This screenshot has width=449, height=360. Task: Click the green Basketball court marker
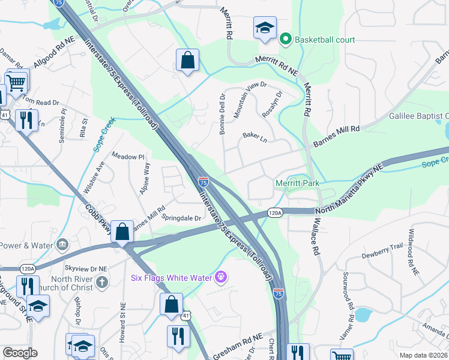286,40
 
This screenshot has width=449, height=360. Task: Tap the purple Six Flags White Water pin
221,277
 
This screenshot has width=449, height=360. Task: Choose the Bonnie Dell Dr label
222,113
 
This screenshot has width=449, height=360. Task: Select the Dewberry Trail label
382,247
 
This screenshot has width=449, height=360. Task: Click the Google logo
20,353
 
